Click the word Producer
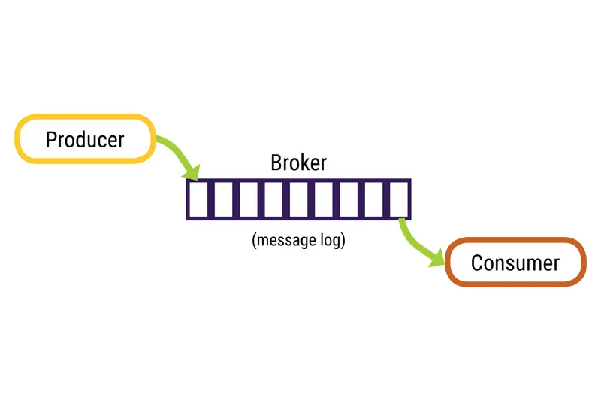[84, 139]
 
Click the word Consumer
[515, 263]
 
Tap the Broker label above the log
[298, 163]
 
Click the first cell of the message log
[198, 199]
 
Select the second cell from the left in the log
[223, 199]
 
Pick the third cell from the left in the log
[248, 199]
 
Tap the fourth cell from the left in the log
[273, 199]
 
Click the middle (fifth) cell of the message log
[299, 199]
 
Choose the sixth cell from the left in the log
[324, 199]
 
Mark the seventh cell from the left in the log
[349, 199]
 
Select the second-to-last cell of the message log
[374, 199]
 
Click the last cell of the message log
[399, 199]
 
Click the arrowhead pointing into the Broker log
[192, 172]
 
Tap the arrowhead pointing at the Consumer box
[437, 258]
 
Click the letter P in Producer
[51, 139]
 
